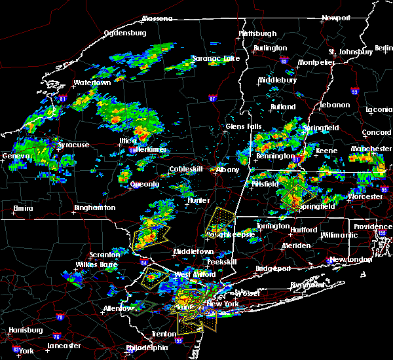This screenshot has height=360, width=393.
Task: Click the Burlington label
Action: tap(270, 48)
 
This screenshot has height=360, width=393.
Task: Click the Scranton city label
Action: tap(105, 255)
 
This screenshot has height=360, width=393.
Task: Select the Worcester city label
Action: tap(365, 196)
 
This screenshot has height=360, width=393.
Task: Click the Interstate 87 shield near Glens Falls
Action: tap(212, 99)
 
